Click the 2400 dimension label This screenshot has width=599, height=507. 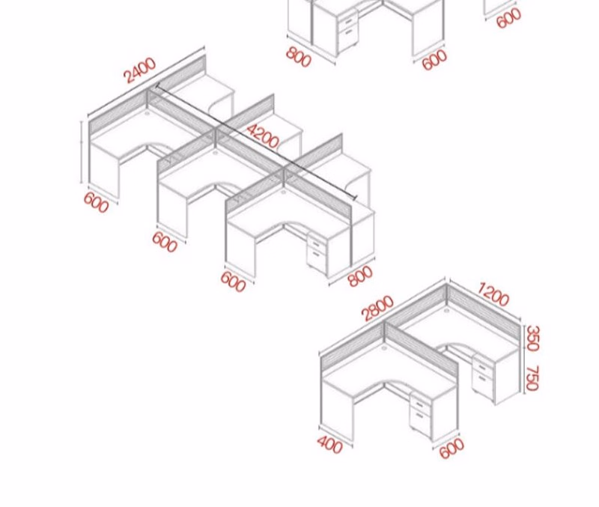[140, 70]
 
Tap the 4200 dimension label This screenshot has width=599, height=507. [263, 136]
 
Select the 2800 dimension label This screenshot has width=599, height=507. [377, 308]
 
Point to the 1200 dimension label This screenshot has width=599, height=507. [493, 294]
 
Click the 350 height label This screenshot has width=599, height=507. [533, 338]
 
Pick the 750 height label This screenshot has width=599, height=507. [532, 378]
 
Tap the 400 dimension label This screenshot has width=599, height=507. [329, 445]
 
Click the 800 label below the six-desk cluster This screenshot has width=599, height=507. [360, 276]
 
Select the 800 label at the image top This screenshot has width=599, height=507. [299, 57]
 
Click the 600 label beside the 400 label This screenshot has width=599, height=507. [452, 448]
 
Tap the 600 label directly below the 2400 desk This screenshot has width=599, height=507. [97, 202]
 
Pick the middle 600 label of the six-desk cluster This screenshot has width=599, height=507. [165, 242]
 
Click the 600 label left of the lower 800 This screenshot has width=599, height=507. [233, 282]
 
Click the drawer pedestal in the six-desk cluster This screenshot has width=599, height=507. [317, 255]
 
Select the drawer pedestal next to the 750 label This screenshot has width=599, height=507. [483, 378]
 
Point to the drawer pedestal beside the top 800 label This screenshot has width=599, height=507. [347, 31]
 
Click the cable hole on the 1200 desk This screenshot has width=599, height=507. [446, 311]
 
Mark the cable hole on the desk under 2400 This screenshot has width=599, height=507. [147, 113]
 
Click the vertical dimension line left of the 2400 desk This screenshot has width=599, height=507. [82, 152]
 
